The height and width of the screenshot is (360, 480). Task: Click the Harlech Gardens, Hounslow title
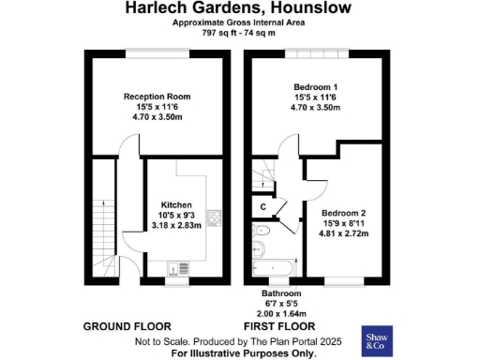pos(239,7)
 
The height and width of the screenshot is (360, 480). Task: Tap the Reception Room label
pos(157,97)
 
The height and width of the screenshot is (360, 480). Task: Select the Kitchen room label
pos(176,205)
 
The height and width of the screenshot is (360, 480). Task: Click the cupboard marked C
pos(263,206)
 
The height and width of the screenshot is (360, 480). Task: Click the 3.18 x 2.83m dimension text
pos(176,225)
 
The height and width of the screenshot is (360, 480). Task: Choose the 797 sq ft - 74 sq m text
pos(239,33)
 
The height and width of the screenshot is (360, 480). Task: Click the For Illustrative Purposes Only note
pos(243,353)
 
